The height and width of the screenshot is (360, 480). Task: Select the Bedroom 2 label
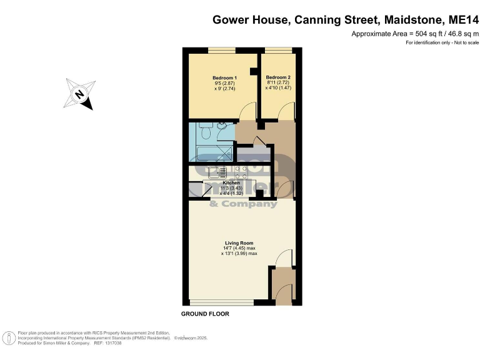tap(278, 77)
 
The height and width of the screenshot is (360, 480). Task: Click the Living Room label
tap(239, 242)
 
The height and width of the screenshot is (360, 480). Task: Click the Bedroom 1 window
tap(222, 50)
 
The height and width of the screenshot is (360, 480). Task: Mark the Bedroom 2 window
tap(278, 50)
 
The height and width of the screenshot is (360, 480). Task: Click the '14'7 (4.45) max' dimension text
tap(239, 248)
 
